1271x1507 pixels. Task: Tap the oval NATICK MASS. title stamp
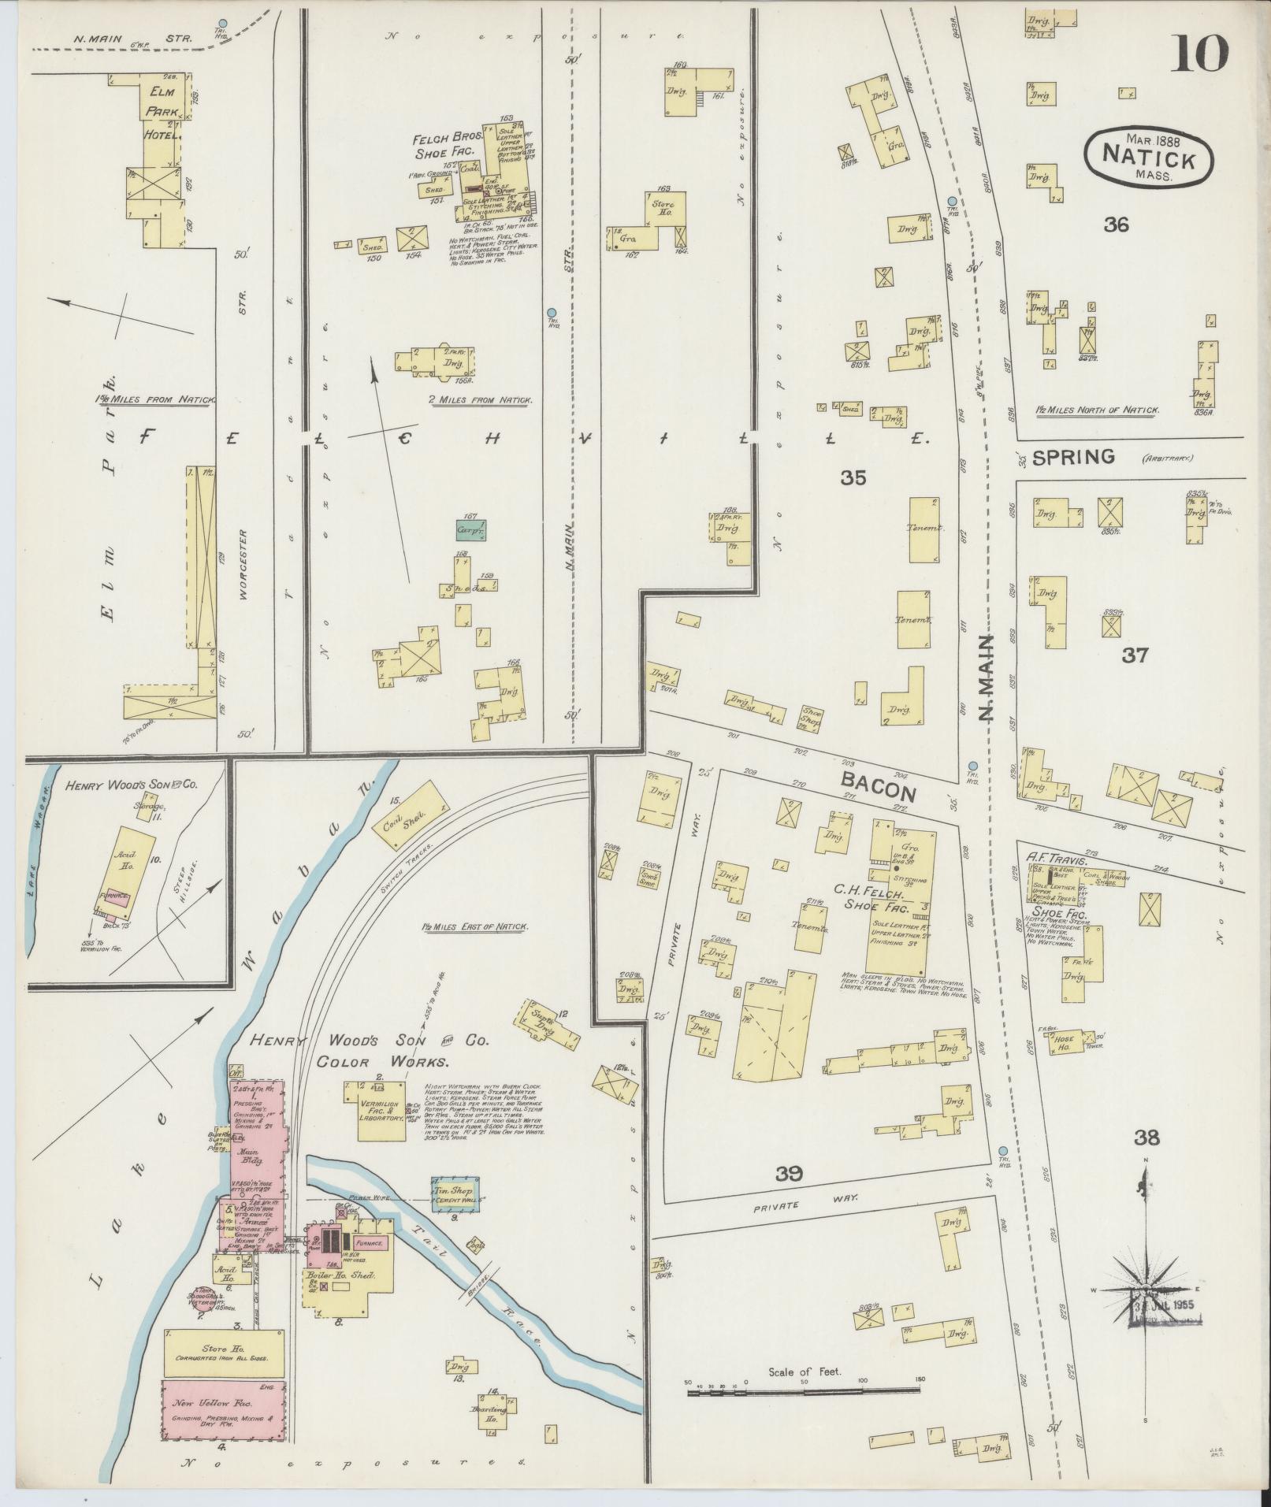(1142, 157)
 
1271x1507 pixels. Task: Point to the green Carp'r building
(470, 530)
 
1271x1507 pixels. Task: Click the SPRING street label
(1074, 456)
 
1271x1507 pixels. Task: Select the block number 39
(788, 1197)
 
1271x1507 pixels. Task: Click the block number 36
(1116, 225)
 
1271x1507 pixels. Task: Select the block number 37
(1134, 655)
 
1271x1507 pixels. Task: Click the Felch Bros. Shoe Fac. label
(448, 146)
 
